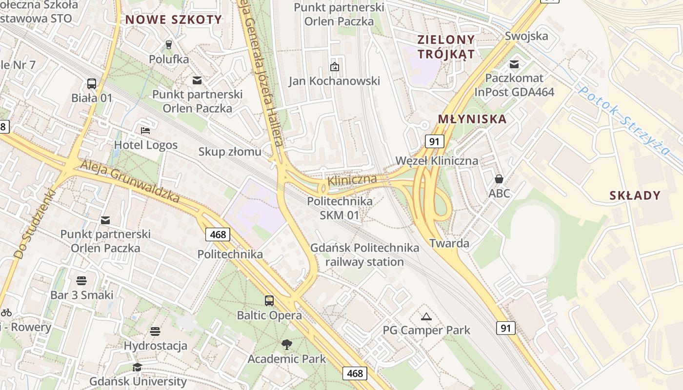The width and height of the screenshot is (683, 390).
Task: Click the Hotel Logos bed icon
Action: (x=145, y=130)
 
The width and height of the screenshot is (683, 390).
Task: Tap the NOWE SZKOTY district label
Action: (x=174, y=19)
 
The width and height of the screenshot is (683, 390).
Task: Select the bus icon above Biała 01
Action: (x=92, y=83)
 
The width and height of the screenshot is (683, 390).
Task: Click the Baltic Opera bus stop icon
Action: (x=269, y=300)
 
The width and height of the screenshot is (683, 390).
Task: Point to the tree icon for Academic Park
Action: (x=287, y=345)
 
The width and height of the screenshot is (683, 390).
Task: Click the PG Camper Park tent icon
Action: (x=426, y=316)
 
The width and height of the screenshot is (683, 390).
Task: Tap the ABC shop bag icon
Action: (x=499, y=179)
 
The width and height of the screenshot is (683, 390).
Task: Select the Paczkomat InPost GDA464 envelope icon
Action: (x=514, y=64)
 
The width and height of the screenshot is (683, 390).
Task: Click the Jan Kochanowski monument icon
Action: (x=334, y=66)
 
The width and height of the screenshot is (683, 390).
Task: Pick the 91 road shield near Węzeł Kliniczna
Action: (x=434, y=142)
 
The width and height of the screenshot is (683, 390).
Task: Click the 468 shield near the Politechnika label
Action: (x=218, y=234)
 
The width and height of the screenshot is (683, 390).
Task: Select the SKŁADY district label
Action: (x=635, y=195)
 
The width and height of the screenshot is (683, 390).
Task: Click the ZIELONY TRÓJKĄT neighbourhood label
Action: (x=446, y=46)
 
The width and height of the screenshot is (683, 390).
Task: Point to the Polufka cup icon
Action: (x=169, y=45)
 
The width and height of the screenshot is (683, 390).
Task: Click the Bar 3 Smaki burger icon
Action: (x=81, y=280)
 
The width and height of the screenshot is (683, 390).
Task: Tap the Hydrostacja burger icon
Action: (x=155, y=331)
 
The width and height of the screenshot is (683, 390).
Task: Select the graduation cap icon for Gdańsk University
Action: (x=137, y=367)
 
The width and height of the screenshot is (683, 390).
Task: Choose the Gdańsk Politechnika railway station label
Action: (x=364, y=254)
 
